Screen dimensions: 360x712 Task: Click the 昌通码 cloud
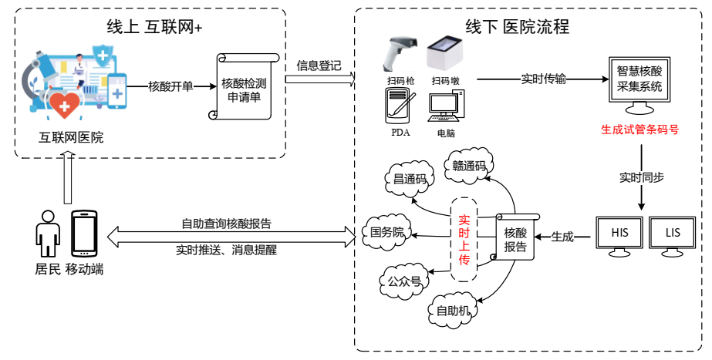pos(410,180)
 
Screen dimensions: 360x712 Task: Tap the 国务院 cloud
pos(387,232)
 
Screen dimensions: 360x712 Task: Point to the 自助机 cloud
pos(453,311)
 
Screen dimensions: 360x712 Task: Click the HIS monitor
pos(619,234)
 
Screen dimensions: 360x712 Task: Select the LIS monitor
pos(671,234)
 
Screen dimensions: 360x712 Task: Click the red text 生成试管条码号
pos(639,130)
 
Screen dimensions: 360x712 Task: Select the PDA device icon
pos(400,106)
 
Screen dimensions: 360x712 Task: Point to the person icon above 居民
pos(48,234)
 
